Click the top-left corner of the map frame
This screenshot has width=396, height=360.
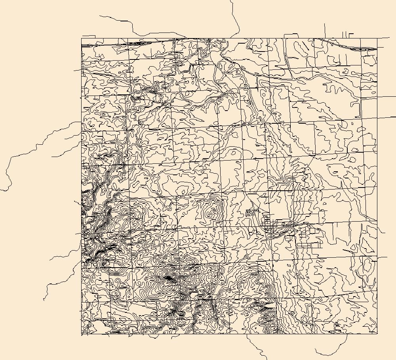pos(82,38)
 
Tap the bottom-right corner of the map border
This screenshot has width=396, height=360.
pos(377,333)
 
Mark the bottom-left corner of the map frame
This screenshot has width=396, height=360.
pos(82,335)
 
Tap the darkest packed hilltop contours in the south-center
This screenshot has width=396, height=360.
pos(169,279)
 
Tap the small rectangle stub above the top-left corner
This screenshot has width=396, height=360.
pos(89,36)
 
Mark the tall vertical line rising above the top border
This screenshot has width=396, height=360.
pos(325,30)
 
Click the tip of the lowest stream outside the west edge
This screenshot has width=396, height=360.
pos(44,299)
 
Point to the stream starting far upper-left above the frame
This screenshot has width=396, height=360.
pos(100,16)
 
